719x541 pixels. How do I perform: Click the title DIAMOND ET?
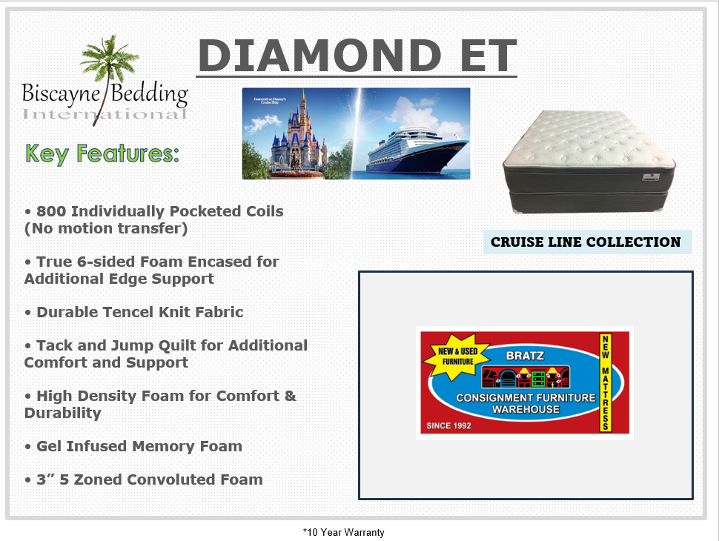coord(357,56)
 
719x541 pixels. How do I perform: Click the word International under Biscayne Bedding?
coord(105,114)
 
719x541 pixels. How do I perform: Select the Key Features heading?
coord(102,153)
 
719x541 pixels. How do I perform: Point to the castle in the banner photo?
coord(294,137)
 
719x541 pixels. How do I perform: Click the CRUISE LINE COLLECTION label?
coord(586,242)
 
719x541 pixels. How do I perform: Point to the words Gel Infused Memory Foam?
coord(139,446)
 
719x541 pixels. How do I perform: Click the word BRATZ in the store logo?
coord(525,356)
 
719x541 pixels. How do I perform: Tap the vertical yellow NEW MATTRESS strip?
coord(605,382)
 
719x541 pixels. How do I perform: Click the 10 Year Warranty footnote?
coord(344,532)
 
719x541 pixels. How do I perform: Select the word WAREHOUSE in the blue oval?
coord(525,409)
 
